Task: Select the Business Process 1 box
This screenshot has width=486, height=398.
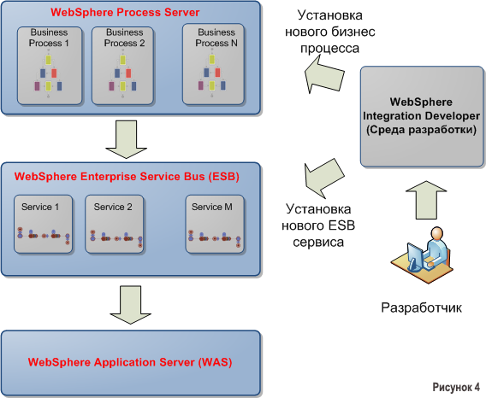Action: pyautogui.click(x=49, y=65)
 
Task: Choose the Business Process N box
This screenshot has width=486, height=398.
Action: pyautogui.click(x=210, y=65)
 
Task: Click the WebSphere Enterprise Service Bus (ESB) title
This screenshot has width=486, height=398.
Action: pyautogui.click(x=127, y=177)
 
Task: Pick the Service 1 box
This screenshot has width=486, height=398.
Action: pyautogui.click(x=43, y=225)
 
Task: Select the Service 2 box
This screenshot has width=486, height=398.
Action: pyautogui.click(x=113, y=225)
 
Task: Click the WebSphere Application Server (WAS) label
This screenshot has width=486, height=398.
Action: pyautogui.click(x=130, y=362)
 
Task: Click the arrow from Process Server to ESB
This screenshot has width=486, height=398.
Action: pyautogui.click(x=130, y=139)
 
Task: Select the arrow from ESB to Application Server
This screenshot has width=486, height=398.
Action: pyautogui.click(x=130, y=304)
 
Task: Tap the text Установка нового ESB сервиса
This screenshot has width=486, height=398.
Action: pyautogui.click(x=313, y=225)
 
